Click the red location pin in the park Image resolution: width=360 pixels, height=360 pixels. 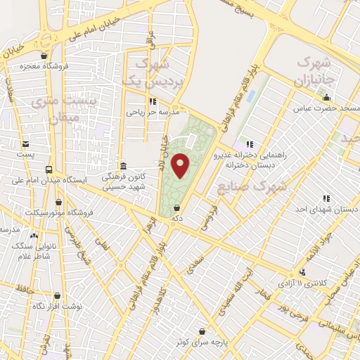click(181, 165)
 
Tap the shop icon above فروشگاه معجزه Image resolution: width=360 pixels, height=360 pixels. click(45, 56)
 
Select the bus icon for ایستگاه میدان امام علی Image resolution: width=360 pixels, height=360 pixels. click(49, 169)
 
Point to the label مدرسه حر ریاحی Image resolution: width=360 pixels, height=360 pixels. click(153, 111)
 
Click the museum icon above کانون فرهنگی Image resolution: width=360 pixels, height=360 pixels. click(124, 166)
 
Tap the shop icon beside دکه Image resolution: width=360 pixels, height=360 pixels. click(176, 208)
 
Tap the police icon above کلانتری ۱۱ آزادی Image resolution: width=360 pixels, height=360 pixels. click(303, 272)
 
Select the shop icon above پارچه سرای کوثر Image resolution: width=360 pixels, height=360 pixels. click(204, 331)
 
